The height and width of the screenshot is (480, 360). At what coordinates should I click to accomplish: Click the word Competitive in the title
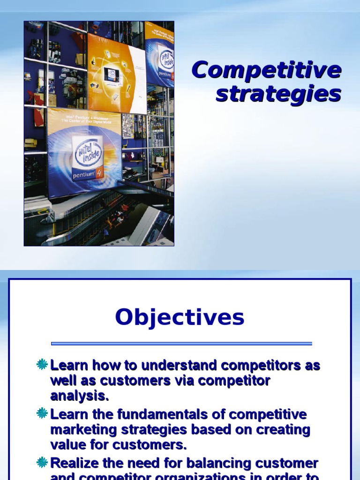click(x=266, y=70)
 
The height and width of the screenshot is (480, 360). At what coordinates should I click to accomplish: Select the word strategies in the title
click(x=278, y=93)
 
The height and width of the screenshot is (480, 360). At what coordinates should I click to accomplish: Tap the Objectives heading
click(x=180, y=317)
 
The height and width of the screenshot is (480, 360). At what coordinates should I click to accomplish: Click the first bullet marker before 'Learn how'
click(x=42, y=364)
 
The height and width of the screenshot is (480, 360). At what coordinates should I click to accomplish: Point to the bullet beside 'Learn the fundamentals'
click(x=42, y=413)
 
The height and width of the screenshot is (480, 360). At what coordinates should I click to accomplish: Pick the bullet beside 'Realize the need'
click(x=42, y=463)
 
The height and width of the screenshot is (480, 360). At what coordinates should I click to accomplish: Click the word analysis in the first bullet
click(x=79, y=396)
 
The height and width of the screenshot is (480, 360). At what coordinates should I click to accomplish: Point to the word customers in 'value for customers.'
click(x=150, y=445)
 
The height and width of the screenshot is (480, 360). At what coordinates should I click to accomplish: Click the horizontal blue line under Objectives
click(x=181, y=344)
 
